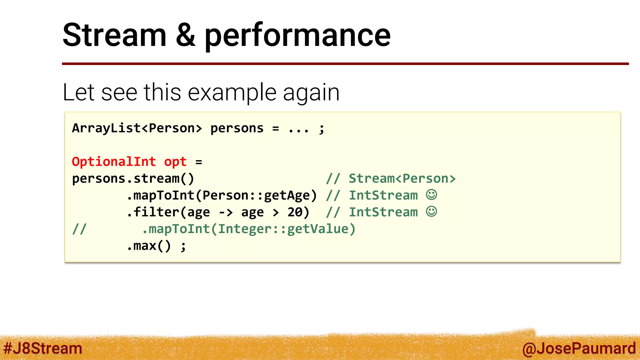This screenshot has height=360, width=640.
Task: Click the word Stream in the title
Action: tap(114, 35)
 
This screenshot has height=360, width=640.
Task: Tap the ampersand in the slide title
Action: tap(185, 35)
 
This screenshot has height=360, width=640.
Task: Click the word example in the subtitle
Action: tap(232, 92)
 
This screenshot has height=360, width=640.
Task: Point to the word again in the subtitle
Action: tap(311, 93)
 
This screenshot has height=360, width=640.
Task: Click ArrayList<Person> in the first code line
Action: tap(137, 128)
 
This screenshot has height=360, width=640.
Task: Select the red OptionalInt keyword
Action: tap(114, 162)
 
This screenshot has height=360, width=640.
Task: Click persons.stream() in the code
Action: tap(133, 178)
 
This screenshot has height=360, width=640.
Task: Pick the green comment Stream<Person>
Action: tap(402, 178)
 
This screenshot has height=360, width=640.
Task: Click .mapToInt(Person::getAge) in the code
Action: tap(222, 195)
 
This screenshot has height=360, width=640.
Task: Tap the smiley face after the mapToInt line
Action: tap(431, 195)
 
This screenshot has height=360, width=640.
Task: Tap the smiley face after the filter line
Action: tap(431, 212)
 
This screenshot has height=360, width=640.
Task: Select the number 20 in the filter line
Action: tap(295, 212)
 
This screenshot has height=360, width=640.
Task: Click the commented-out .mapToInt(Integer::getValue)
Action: tap(249, 229)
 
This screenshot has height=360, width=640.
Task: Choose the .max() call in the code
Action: tap(149, 246)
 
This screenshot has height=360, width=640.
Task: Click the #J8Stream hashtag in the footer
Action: tap(43, 348)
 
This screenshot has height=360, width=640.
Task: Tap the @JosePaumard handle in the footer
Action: tap(579, 348)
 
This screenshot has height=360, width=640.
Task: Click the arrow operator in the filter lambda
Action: tap(226, 212)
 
